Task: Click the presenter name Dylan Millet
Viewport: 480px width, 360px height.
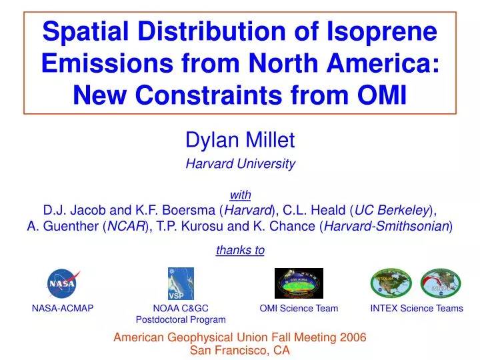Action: [239, 141]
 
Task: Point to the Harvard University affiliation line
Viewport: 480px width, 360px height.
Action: [240, 163]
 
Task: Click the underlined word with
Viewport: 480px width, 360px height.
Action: [240, 195]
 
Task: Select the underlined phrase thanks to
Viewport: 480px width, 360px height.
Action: [240, 250]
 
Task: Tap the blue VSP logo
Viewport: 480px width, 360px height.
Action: [180, 283]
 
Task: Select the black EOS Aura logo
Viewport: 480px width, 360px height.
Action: [299, 283]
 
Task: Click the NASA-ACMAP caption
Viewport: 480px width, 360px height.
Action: [63, 308]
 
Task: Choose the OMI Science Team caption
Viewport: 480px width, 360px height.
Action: [299, 308]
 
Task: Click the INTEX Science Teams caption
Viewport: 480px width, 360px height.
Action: [417, 308]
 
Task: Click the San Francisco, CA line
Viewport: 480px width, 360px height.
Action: [240, 350]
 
